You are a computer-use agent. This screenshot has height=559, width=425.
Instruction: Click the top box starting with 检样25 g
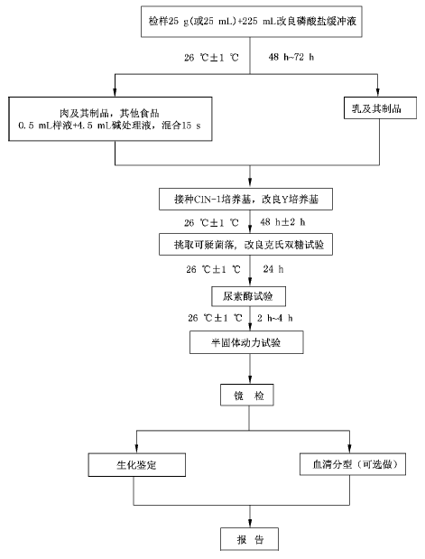(x=252, y=22)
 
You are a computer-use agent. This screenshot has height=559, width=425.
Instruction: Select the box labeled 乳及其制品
(x=380, y=107)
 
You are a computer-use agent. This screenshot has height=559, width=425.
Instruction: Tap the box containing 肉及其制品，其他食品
(x=110, y=118)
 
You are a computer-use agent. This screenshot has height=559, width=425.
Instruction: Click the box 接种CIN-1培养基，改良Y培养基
(x=245, y=200)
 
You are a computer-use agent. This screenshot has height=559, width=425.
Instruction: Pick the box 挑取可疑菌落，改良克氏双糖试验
(x=245, y=245)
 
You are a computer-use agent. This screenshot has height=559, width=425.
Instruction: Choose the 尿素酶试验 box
(x=249, y=296)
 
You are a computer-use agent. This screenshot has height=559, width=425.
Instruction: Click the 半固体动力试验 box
(x=246, y=342)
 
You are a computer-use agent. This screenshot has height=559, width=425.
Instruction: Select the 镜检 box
(x=247, y=395)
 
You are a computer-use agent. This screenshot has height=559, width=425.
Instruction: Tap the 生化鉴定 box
(x=137, y=465)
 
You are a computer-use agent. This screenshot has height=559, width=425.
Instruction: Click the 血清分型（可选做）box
(x=353, y=464)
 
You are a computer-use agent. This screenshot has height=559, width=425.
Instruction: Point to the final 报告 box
(x=249, y=539)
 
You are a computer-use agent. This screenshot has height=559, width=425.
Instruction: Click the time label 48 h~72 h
(x=291, y=57)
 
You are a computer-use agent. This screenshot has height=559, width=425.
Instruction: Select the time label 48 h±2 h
(x=282, y=222)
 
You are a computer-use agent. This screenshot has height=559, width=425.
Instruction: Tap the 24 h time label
(x=273, y=269)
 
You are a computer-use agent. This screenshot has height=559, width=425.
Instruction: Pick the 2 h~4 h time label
(x=275, y=318)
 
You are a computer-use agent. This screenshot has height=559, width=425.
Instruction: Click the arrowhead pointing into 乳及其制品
(x=378, y=92)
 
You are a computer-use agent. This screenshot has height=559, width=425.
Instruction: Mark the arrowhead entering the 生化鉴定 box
(x=137, y=449)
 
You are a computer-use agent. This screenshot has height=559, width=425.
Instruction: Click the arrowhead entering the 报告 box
(x=249, y=524)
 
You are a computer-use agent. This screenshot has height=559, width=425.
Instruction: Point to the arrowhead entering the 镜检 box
(x=249, y=379)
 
